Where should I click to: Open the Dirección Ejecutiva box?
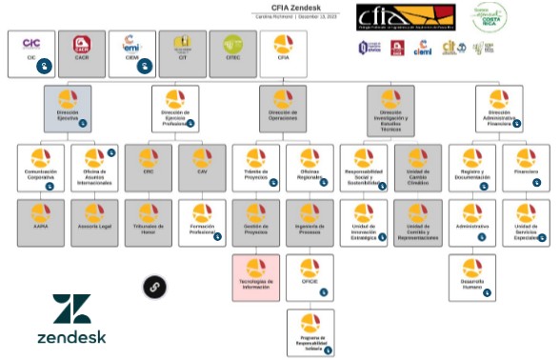68,108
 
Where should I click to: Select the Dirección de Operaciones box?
283,108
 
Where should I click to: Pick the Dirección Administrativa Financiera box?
498,108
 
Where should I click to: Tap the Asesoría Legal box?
94,222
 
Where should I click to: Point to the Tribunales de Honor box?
149,222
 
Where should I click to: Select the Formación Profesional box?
202,222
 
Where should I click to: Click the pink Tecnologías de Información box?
256,277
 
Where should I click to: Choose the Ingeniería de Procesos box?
310,222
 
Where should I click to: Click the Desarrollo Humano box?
471,277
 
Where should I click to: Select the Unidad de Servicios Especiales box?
525,222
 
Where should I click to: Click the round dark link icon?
154,286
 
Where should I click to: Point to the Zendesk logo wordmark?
72,336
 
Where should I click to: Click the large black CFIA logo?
391,17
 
